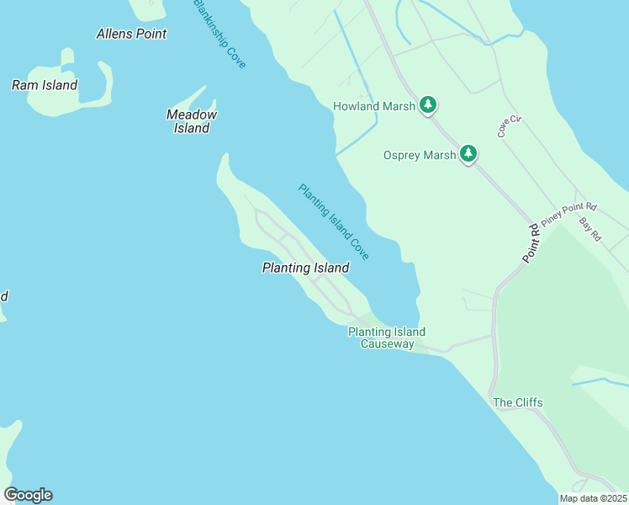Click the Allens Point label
[131, 34]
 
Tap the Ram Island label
[44, 85]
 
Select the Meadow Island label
[192, 121]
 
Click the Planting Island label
[305, 268]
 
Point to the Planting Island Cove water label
[334, 221]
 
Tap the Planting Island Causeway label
[387, 338]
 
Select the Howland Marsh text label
[374, 106]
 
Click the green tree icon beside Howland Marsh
[429, 105]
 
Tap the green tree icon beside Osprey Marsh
[468, 154]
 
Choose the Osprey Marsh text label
[420, 155]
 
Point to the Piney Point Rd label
[568, 214]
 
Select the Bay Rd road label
[590, 229]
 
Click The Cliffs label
[517, 402]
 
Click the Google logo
[28, 495]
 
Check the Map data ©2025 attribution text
[593, 498]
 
